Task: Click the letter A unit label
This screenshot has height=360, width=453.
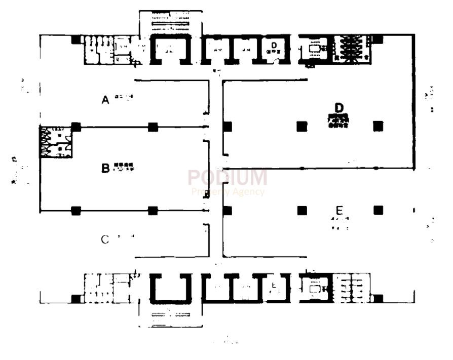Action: tap(105, 100)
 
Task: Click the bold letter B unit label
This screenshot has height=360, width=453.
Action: tap(105, 168)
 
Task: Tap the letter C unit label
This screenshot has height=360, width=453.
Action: tap(105, 239)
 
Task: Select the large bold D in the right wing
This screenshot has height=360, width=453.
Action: tap(339, 107)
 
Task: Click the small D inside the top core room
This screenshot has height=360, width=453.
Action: tap(274, 46)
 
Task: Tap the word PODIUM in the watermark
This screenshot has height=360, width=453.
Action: tap(228, 178)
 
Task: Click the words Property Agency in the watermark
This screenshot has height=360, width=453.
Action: tap(228, 192)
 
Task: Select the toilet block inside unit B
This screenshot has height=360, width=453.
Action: tap(55, 142)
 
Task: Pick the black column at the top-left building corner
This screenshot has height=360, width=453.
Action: tap(75, 39)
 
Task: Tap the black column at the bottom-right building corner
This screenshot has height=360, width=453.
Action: tap(378, 298)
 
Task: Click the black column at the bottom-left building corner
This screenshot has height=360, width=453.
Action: tap(75, 299)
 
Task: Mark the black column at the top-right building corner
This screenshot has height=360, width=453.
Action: tap(378, 39)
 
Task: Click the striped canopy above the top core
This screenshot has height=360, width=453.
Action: tap(171, 22)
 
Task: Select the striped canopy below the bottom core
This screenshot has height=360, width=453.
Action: tap(171, 317)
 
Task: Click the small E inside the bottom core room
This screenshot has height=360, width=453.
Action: tap(273, 284)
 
